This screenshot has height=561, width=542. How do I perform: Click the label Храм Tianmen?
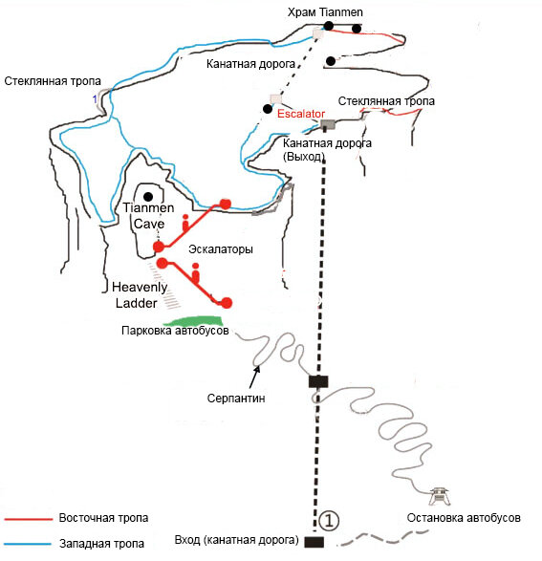325,12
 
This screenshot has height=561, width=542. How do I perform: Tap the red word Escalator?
301,114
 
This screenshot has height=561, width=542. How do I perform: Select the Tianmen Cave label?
148,216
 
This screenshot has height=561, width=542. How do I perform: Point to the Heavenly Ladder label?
140,295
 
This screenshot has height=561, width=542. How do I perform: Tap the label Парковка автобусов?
175,331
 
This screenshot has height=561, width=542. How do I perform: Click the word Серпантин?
236,399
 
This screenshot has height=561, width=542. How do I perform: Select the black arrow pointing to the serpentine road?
254,377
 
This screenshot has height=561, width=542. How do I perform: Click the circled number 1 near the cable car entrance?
329,521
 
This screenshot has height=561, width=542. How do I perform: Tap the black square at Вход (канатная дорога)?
314,542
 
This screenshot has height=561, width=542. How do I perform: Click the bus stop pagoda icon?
440,497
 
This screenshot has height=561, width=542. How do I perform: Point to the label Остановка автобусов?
464,518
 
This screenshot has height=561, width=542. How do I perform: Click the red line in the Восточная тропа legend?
29,519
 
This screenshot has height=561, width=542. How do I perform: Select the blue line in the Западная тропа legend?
28,544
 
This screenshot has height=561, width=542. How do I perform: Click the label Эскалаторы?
221,249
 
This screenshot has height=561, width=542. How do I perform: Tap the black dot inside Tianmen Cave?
148,197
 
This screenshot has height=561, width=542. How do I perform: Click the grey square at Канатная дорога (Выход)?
328,124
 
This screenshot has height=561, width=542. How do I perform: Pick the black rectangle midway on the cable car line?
318,381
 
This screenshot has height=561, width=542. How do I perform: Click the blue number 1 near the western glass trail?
95,98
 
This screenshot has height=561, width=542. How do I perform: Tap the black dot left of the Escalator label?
268,109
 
